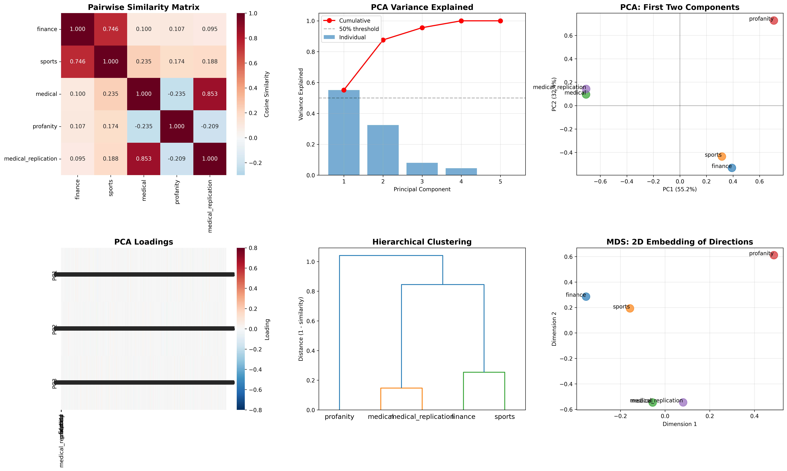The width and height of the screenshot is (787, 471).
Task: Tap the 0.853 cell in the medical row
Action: (x=210, y=94)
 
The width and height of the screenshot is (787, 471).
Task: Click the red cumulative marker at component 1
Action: (x=344, y=90)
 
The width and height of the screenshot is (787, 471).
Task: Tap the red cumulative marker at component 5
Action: (x=500, y=21)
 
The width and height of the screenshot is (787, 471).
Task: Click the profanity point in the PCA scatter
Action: (x=774, y=21)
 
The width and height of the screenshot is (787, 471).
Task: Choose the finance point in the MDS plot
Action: (x=586, y=296)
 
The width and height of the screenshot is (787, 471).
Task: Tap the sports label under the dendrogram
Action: (x=505, y=417)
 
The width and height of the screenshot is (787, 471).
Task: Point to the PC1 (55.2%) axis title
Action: (x=680, y=189)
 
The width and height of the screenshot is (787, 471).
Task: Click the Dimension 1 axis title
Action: (x=680, y=424)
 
